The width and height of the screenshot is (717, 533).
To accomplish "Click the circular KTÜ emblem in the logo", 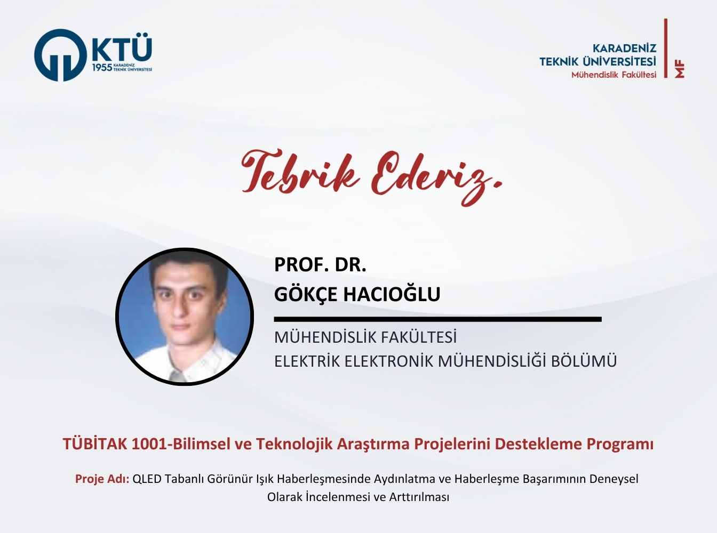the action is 60,55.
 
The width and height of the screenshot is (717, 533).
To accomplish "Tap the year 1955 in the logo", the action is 102,68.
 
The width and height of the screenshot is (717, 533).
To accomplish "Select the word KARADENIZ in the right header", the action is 624,49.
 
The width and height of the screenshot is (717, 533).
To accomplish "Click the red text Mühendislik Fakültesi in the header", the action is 614,75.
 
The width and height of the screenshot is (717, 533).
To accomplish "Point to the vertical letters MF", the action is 680,69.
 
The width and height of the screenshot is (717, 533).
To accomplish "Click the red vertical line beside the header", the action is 666,48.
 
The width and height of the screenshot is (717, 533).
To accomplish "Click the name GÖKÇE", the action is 306,294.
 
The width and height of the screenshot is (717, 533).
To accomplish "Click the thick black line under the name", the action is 437,319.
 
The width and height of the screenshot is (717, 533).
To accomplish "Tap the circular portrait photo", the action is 185,316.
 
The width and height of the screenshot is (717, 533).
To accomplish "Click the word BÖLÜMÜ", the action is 584,361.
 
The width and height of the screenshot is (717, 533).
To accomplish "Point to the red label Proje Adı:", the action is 102,479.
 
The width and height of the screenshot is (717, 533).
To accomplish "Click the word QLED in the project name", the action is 147,479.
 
